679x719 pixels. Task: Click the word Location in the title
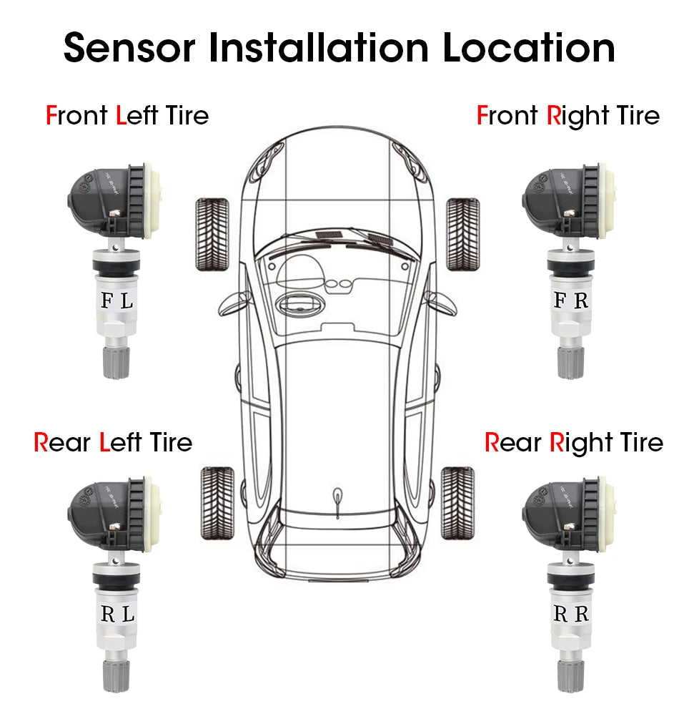coord(528,47)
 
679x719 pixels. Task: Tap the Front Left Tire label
coord(127,115)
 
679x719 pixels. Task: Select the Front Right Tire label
coord(568,115)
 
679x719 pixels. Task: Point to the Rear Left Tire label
coord(113,442)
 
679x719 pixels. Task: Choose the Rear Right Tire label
coord(574,442)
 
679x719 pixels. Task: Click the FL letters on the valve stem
coord(117,301)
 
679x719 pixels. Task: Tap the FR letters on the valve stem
coord(571,300)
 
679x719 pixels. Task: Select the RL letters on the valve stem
coord(117,614)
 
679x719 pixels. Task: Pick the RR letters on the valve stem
coord(571,613)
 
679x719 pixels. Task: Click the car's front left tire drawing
coord(212,234)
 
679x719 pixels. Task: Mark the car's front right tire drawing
coord(462,234)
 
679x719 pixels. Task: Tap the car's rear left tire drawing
coord(217,504)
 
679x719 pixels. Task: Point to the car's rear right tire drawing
coord(457,504)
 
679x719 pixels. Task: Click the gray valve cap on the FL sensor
coord(116,361)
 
